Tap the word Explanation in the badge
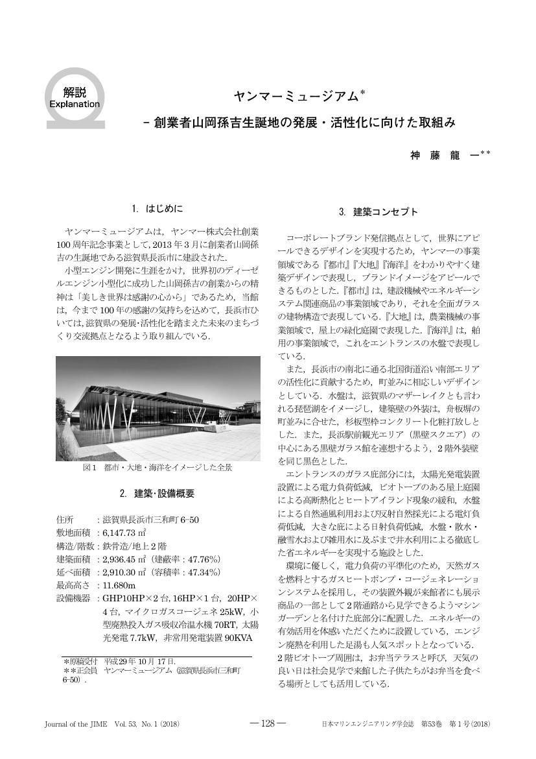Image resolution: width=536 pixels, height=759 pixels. tap(75, 104)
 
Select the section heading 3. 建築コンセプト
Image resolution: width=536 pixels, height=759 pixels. tap(379, 212)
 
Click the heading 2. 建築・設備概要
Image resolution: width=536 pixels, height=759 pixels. tap(157, 494)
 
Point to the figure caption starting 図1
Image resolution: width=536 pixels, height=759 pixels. tap(157, 467)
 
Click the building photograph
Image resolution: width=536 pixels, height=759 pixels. tap(157, 408)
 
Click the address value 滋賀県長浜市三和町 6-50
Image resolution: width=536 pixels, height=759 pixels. tap(150, 520)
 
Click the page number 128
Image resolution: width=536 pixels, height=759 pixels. tap(268, 723)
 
